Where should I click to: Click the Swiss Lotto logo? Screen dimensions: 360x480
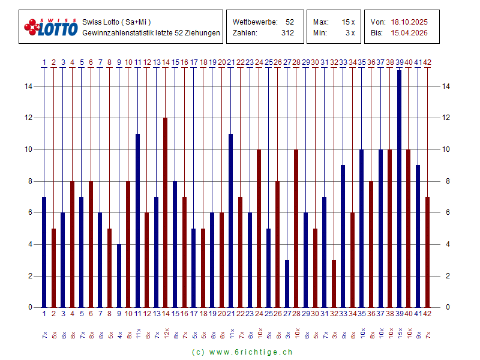(51, 27)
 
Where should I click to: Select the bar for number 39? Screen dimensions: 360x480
(399, 189)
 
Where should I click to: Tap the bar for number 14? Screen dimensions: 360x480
(166, 212)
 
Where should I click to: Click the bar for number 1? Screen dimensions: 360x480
(44, 252)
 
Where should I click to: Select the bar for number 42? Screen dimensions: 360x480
(427, 252)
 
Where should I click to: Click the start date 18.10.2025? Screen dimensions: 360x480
(409, 22)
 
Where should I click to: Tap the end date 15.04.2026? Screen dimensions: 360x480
(409, 33)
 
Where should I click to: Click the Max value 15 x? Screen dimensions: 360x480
(349, 22)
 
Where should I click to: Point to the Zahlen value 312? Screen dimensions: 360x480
(287, 33)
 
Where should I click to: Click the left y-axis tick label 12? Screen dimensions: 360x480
(28, 118)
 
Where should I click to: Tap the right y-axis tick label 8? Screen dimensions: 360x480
(445, 181)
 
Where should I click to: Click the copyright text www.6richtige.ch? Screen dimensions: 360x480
(242, 352)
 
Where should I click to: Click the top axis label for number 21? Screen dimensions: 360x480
(230, 62)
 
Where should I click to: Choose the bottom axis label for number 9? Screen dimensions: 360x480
(119, 313)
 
